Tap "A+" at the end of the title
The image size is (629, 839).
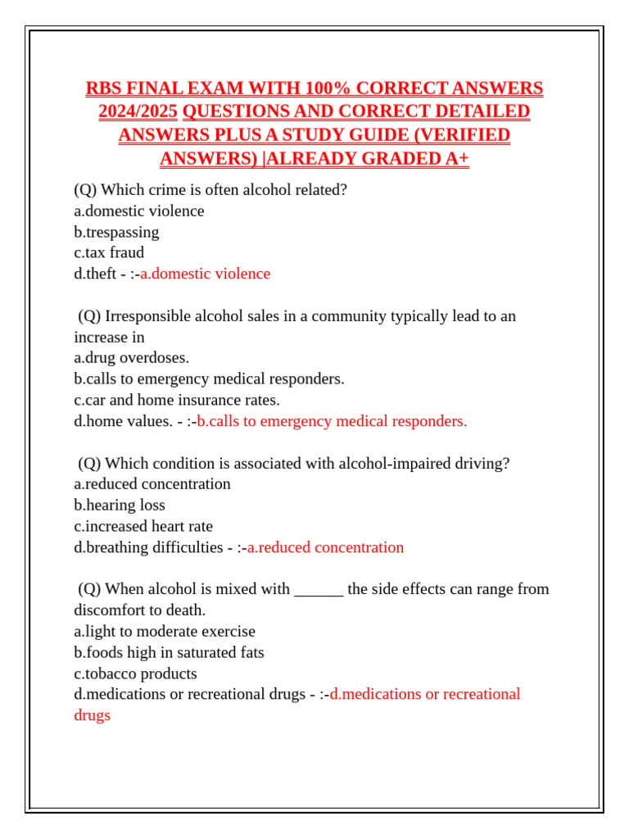coord(457,159)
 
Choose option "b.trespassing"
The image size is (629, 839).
coord(116,232)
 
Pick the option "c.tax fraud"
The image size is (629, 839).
coord(109,252)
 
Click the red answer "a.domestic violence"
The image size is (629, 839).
coord(205,274)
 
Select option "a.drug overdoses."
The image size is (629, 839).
coord(131,358)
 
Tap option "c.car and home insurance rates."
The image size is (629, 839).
coord(177,400)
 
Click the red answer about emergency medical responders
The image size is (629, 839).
coord(332,421)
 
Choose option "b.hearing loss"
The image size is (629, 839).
coord(120,506)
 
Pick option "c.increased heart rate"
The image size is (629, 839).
coord(143,526)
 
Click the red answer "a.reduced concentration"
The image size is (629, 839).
coord(325,547)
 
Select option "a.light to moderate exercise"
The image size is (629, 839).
coord(165,632)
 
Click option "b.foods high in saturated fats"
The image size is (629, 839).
coord(169,653)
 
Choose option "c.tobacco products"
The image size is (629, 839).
coord(135,673)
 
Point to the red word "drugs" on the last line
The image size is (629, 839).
coord(92,715)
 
